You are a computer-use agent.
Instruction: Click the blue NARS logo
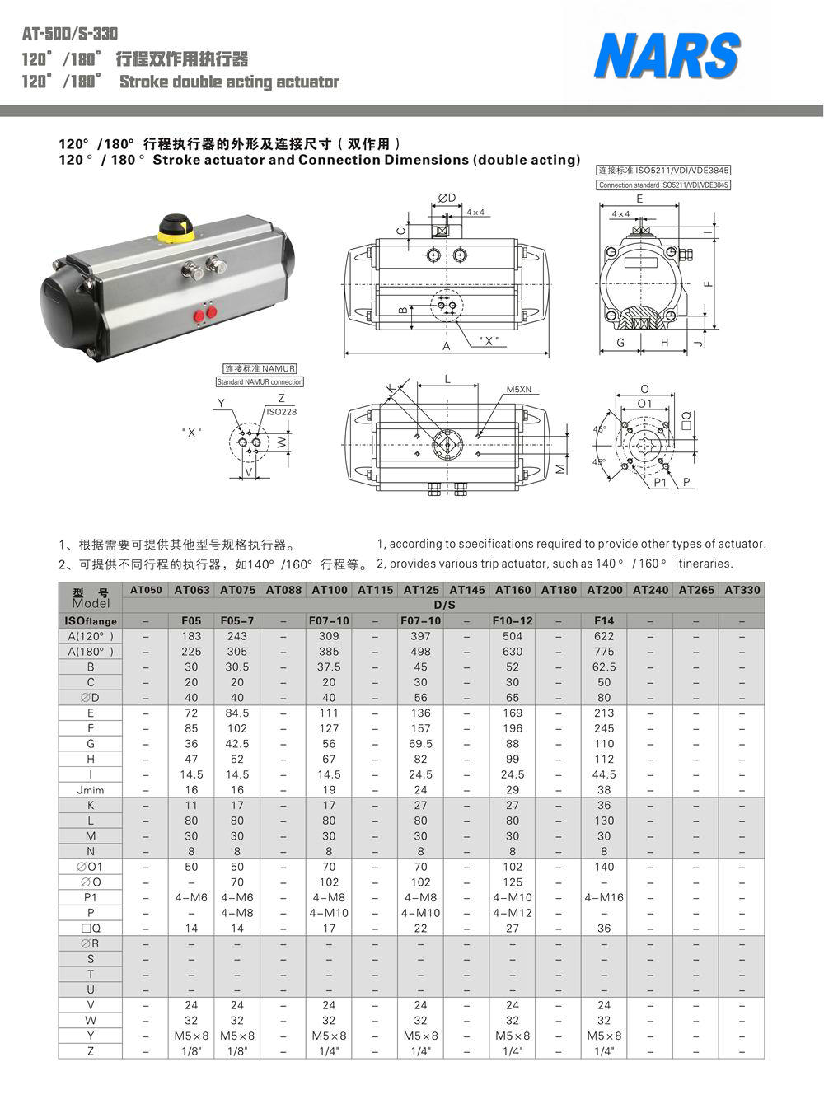(667, 56)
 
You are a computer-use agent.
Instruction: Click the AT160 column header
(513, 590)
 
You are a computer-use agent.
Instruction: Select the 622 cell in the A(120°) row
(604, 636)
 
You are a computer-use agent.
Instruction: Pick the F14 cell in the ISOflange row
(604, 620)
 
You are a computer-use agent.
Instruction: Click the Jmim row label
(91, 790)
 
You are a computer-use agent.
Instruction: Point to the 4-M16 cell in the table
(604, 897)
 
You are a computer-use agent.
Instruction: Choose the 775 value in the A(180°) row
(604, 652)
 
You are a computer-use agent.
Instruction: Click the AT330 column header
(742, 590)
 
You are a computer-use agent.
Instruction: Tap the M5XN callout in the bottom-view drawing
(518, 389)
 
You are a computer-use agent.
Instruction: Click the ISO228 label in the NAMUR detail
(281, 411)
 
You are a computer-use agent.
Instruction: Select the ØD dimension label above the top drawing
(447, 197)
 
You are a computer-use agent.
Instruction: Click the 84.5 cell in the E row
(237, 713)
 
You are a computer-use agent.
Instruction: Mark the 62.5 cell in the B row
(604, 667)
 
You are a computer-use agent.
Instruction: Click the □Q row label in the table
(91, 929)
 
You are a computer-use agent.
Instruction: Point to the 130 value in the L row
(604, 821)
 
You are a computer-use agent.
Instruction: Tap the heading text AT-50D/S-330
(70, 34)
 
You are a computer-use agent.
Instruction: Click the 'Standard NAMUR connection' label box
(260, 382)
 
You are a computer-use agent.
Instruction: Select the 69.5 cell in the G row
(421, 744)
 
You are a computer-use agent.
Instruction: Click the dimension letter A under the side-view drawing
(447, 346)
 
